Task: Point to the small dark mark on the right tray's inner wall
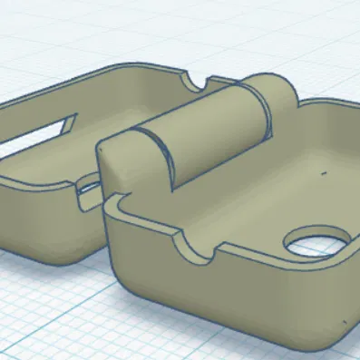(324, 170)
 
